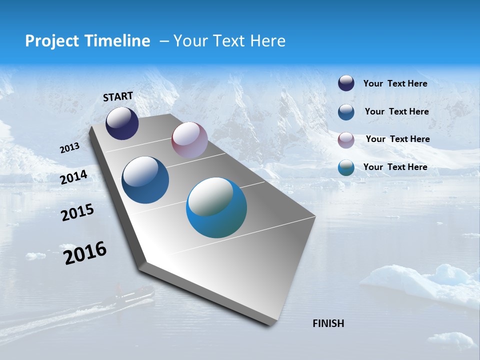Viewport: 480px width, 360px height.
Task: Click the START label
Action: click(118, 96)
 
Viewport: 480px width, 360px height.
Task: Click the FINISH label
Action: click(328, 323)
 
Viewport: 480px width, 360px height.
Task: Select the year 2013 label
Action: click(69, 148)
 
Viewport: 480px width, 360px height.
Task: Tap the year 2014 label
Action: click(73, 177)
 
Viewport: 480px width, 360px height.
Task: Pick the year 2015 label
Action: click(77, 212)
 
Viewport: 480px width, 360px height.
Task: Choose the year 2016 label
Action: click(85, 253)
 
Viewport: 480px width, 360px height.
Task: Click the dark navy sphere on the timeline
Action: click(122, 123)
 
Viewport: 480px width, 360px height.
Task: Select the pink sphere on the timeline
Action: click(189, 140)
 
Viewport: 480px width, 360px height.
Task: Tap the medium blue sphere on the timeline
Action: click(145, 180)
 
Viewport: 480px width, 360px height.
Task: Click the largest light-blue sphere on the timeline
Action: click(216, 208)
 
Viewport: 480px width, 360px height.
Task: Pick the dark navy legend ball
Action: click(346, 83)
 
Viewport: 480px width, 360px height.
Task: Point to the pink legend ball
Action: click(346, 139)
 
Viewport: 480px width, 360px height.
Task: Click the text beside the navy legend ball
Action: click(395, 83)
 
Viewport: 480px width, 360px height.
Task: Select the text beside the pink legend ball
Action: click(397, 139)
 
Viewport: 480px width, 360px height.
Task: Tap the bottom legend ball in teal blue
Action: click(346, 167)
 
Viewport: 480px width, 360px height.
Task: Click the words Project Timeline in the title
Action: click(87, 41)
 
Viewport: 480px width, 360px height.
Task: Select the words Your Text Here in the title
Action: click(229, 41)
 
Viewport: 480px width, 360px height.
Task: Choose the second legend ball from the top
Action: click(346, 112)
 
